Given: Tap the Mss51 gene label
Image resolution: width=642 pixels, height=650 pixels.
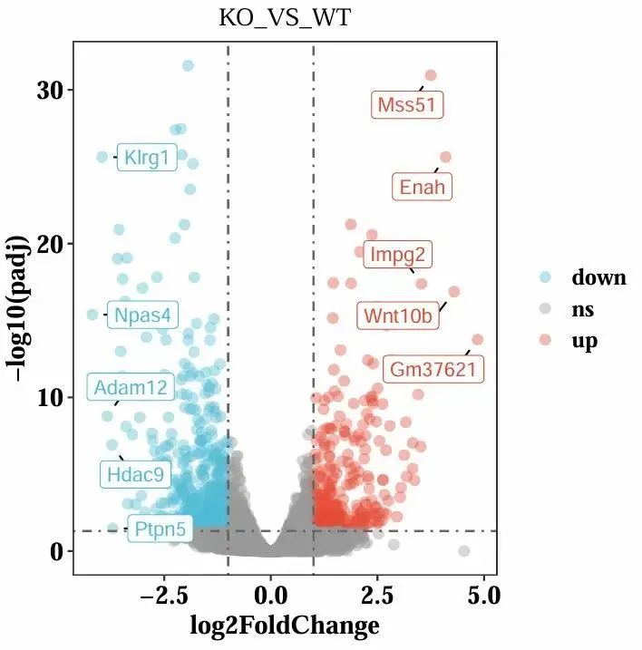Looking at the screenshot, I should click(x=407, y=105).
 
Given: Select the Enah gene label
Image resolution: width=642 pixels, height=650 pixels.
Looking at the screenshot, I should click(x=423, y=188).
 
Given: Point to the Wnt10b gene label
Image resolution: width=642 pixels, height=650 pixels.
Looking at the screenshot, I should click(x=400, y=316).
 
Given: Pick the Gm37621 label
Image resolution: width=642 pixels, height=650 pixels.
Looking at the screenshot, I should click(x=433, y=370).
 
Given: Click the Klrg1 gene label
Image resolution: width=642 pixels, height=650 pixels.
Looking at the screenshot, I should click(x=147, y=159).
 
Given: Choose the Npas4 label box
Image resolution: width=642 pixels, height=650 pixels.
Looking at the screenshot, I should click(x=141, y=315).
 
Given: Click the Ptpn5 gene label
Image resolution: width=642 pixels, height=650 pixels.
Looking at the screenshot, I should click(x=159, y=529).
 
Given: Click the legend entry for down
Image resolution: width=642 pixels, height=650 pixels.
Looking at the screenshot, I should click(x=598, y=276).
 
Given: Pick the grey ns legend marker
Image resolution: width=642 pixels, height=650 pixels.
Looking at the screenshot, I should click(x=545, y=309).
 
